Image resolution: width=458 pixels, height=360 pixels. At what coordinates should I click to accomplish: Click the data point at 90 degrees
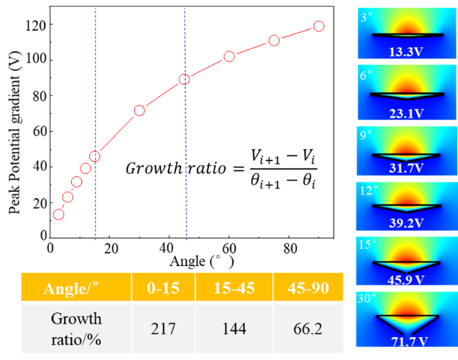click(318, 26)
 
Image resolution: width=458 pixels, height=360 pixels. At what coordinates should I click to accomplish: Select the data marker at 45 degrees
click(184, 79)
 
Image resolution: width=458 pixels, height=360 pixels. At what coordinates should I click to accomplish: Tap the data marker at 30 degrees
click(139, 110)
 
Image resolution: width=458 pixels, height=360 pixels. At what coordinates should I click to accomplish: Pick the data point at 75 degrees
click(274, 40)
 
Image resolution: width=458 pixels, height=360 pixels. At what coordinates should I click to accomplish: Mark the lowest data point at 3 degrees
click(59, 214)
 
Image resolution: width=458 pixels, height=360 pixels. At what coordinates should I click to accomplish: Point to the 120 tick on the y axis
click(35, 26)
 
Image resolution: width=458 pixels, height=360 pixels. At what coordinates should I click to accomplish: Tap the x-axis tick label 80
click(290, 249)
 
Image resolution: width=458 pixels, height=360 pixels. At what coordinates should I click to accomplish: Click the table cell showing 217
click(163, 328)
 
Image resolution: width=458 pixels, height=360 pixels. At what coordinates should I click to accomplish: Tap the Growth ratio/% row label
click(76, 328)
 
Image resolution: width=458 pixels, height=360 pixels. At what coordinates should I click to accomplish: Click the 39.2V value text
click(405, 222)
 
